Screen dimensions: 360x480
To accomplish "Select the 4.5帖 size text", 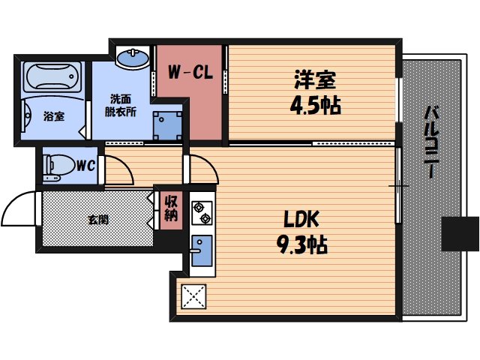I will (x=315, y=104).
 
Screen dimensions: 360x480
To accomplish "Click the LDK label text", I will (x=301, y=219).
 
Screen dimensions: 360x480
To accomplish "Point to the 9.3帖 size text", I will (x=301, y=244).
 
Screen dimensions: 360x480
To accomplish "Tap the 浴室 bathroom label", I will (x=52, y=116).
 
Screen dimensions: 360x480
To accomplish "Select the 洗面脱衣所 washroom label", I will (x=121, y=105).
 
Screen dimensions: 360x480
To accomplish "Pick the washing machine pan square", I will (x=166, y=124).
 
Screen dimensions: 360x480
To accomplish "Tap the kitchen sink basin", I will (x=202, y=247).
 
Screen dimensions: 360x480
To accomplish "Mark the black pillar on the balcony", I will (x=459, y=234).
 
